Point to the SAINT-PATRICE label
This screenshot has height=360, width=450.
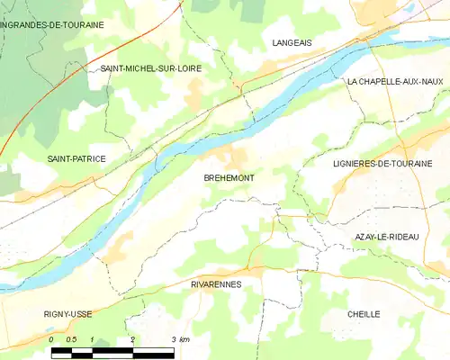76,159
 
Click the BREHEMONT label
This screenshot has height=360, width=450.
229,178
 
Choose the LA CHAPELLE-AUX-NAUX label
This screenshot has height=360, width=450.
395,82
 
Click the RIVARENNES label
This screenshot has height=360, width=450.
216,283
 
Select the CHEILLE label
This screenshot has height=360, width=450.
364,314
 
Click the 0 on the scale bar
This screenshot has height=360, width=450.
51,339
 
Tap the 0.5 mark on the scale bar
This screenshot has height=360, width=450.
71,339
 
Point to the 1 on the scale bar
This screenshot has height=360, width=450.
92,339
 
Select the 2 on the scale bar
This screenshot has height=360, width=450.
133,339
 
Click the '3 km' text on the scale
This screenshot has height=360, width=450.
179,339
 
